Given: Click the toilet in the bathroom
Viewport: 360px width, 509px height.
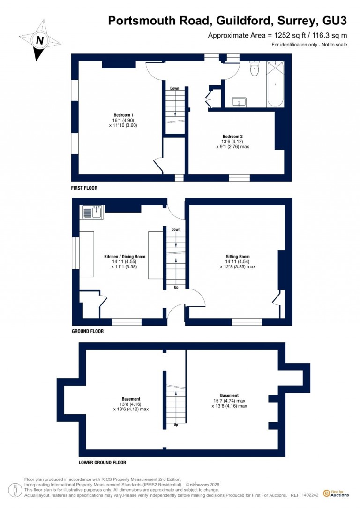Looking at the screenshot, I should (254, 70).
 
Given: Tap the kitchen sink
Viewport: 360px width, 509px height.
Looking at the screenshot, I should (93, 213).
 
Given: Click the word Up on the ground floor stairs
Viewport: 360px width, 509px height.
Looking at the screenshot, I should (176, 287).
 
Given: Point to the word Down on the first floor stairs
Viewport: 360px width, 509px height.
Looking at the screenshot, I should (174, 88).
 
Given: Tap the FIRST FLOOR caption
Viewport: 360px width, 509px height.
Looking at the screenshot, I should (84, 188).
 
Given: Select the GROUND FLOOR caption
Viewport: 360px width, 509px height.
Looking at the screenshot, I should (88, 331).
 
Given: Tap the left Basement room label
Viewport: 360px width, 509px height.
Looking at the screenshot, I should (131, 399).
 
